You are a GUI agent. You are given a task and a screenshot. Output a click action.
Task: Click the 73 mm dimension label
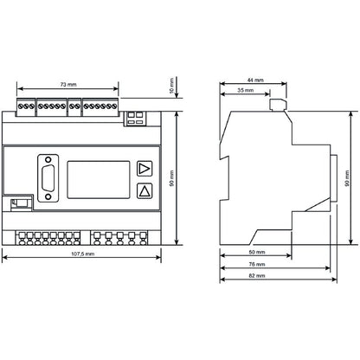click(68, 85)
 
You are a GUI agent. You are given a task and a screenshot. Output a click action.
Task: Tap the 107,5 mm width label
click(82, 254)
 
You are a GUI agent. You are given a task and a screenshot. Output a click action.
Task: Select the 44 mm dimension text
click(255, 80)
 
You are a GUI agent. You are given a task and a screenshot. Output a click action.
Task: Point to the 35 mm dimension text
click(246, 90)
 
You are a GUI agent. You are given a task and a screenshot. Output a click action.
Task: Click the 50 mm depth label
click(257, 252)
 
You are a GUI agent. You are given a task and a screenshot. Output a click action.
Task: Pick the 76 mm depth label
click(257, 264)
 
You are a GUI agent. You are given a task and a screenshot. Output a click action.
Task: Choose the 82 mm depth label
click(257, 275)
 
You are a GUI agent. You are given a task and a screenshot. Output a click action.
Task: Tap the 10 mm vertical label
click(172, 86)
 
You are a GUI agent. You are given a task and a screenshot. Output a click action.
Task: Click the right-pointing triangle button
click(145, 169)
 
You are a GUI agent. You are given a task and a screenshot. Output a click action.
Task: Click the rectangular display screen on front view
click(99, 180)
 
